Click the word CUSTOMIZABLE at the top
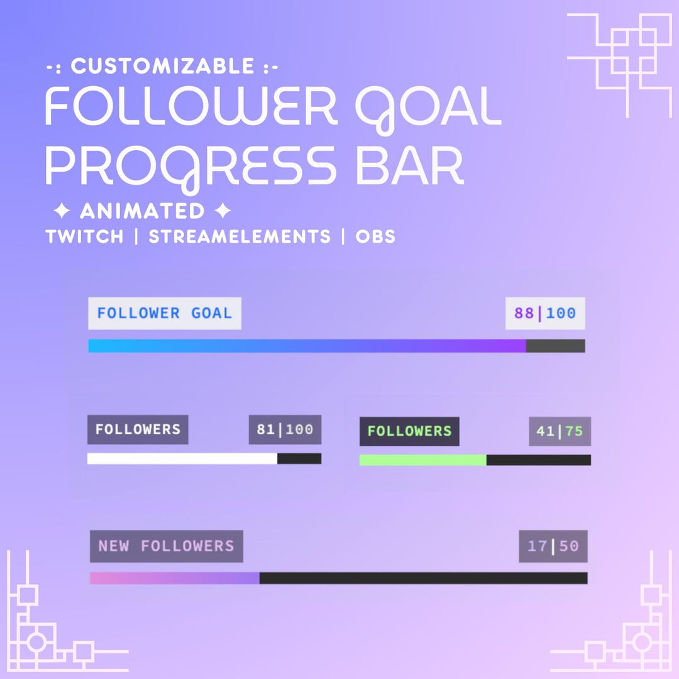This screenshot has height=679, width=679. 162,66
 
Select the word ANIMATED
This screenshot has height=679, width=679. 142,211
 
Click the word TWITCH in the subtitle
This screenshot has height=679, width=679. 85,237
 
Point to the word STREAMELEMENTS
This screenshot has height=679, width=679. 239,237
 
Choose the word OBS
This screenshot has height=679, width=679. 375,237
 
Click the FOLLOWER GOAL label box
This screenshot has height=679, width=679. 165,313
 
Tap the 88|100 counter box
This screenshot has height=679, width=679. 545,313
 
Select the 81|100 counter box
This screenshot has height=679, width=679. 285,430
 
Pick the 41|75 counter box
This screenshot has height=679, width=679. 560,432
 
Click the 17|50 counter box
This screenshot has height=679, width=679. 553,546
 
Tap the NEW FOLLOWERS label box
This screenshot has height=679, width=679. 166,546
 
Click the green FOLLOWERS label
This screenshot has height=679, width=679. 409,431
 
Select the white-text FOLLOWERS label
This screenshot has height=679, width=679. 138,429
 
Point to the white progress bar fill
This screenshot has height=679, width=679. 182,459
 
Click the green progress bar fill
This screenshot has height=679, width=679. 422,460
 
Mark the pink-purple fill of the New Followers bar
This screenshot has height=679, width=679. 174,578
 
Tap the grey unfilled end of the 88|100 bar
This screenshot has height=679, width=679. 555,346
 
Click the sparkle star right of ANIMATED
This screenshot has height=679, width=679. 222,211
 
